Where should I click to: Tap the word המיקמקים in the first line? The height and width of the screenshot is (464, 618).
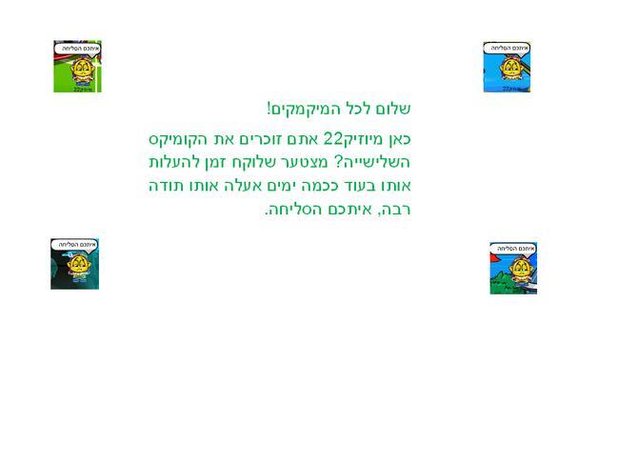[x=300, y=109]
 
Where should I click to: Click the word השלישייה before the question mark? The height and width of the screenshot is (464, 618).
[x=373, y=162]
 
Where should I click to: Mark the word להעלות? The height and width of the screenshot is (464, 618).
[x=169, y=162]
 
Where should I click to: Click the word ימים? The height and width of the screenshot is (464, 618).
[x=285, y=186]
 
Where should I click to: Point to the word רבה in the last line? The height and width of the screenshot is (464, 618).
[x=396, y=210]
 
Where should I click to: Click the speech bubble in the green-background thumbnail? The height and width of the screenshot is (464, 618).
[x=78, y=49]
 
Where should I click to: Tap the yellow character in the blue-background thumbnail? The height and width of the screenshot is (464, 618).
[x=509, y=69]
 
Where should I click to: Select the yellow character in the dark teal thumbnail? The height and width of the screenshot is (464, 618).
[x=78, y=265]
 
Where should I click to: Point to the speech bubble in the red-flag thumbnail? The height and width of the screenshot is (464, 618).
[x=514, y=249]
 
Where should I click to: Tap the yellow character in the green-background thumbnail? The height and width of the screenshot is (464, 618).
[x=83, y=71]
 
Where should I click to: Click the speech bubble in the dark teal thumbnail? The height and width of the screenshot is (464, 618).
[x=74, y=245]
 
